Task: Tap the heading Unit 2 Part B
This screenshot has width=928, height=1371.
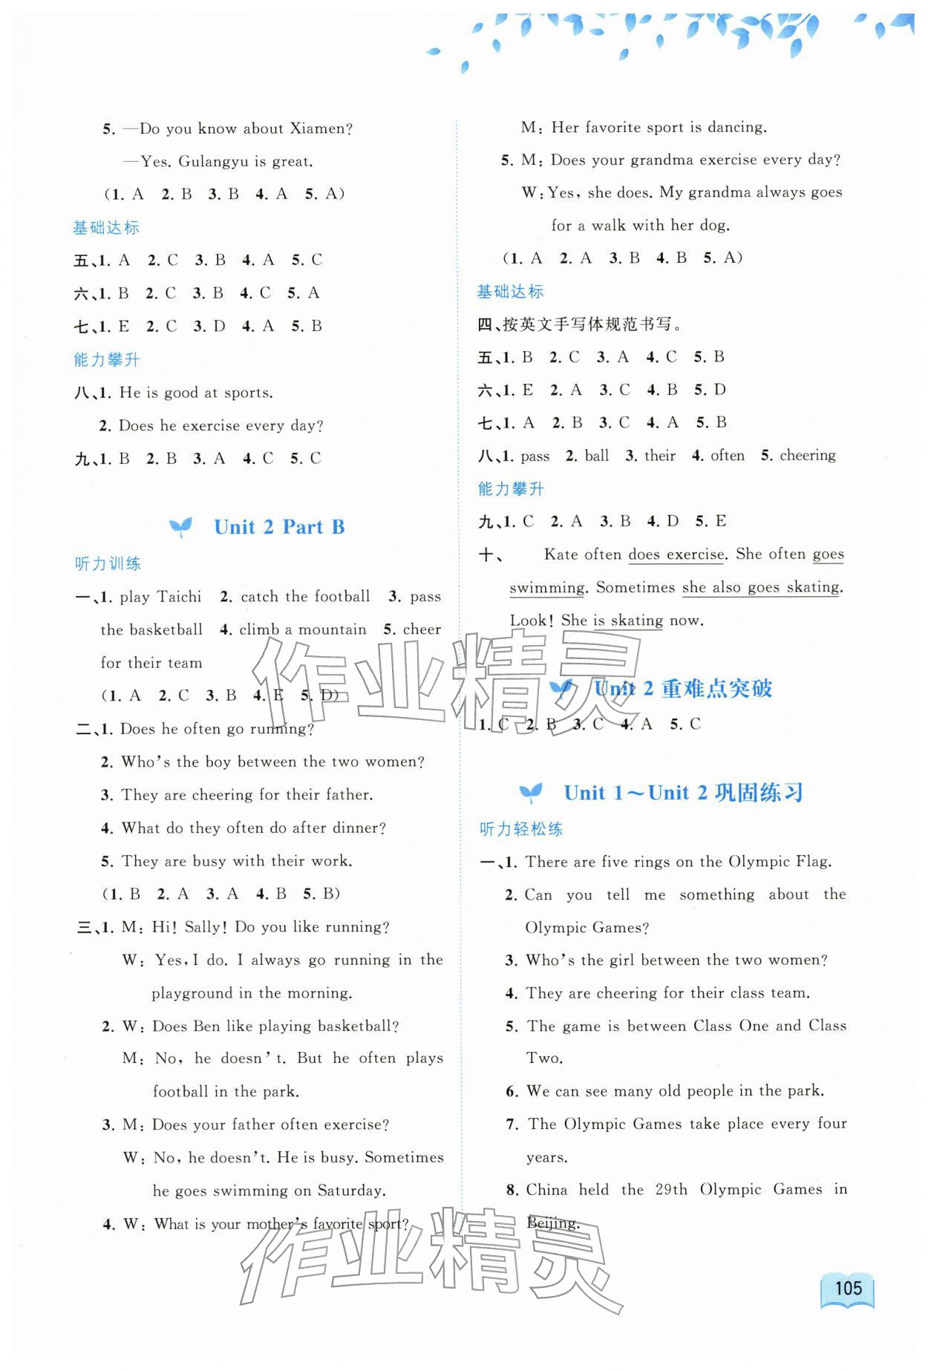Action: coord(279,527)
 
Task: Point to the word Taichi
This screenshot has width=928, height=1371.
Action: coord(180,597)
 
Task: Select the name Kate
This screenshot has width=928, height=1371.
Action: coord(561,554)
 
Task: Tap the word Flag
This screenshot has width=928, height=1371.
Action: coord(811,861)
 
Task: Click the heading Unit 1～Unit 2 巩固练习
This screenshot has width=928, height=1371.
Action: coord(683,793)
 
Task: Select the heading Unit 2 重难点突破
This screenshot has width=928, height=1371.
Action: coord(683,689)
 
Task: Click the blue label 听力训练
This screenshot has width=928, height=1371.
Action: coord(108,563)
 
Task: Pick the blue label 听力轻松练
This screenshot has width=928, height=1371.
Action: coord(521,829)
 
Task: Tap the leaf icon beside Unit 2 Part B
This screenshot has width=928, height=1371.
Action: coord(180,527)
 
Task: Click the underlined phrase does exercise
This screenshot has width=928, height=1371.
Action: coord(676,554)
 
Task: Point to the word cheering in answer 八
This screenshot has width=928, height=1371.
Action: coord(808,455)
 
